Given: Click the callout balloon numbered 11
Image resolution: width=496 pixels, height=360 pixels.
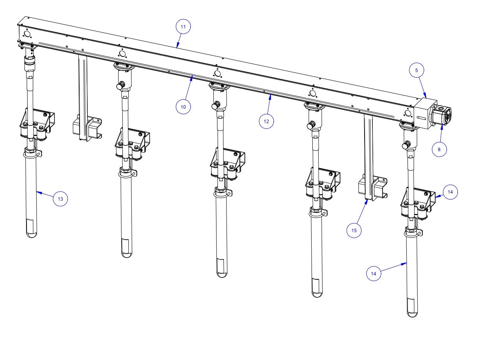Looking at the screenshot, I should (183, 27).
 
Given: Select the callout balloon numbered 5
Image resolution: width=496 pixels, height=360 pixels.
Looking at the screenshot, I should (416, 71).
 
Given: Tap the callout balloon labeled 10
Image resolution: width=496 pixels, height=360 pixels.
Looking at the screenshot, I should (183, 106).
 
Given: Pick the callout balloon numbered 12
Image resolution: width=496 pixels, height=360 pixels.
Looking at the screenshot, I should (266, 121).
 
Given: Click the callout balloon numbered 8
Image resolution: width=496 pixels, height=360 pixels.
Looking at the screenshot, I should (439, 149).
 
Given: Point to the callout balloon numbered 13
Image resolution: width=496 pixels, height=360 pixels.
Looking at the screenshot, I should (60, 199).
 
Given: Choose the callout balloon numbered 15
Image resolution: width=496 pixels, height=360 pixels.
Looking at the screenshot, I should (354, 230).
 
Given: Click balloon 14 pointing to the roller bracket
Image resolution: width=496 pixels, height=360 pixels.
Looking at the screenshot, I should (450, 192).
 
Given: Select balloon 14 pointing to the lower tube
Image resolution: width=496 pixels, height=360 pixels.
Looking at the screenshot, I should (374, 274).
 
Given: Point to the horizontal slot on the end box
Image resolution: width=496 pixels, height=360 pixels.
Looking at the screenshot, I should (421, 117).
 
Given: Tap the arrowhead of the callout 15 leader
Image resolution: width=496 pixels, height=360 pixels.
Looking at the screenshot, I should (367, 201).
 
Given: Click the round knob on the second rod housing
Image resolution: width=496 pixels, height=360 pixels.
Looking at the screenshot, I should (120, 85).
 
